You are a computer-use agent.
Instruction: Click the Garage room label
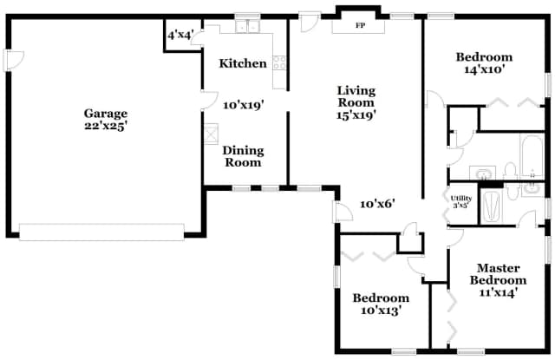tap(106, 113)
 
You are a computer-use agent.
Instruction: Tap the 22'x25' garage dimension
tap(106, 126)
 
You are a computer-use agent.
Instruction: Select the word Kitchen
tap(242, 63)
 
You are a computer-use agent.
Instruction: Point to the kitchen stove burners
tap(279, 62)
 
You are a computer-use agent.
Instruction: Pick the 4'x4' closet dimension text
tap(180, 35)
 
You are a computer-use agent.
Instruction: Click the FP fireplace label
tap(359, 25)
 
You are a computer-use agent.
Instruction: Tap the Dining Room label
tap(243, 156)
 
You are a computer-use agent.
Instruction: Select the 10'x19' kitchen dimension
tap(243, 104)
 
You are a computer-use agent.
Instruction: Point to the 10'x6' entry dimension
tap(377, 204)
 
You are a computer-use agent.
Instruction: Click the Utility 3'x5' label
tap(460, 202)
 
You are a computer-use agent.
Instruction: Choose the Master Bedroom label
tap(498, 274)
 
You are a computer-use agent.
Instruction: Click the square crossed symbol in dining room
tap(212, 134)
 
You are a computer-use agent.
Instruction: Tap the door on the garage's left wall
tap(8, 60)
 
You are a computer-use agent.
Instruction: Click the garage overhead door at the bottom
tap(102, 232)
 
